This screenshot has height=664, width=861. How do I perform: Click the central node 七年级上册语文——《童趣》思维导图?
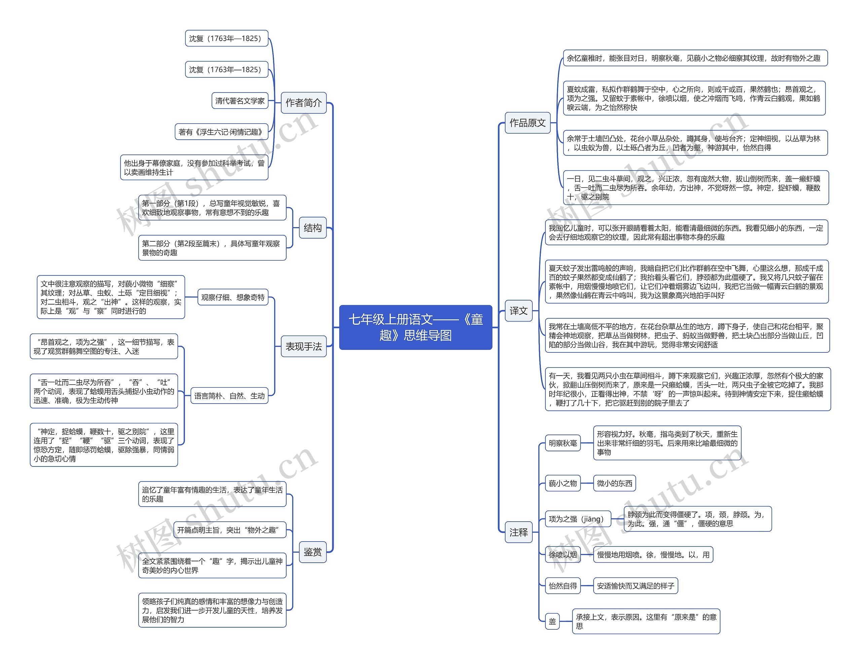(x=415, y=327)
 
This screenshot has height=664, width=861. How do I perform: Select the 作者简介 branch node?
(x=304, y=103)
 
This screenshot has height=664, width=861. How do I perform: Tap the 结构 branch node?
(x=313, y=228)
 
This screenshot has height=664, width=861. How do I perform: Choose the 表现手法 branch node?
(x=304, y=346)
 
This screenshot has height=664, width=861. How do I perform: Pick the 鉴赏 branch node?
(x=313, y=552)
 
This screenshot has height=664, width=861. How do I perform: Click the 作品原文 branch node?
(x=527, y=123)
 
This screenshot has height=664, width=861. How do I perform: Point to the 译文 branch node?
(x=518, y=311)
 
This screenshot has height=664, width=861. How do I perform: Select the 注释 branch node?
(x=518, y=532)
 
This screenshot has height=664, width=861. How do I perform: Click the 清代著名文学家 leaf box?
(x=240, y=101)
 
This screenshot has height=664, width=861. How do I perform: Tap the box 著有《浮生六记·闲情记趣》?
(x=221, y=132)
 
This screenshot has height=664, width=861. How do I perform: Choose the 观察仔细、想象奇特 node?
(x=233, y=297)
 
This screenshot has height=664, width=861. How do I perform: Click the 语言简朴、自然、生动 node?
(x=229, y=396)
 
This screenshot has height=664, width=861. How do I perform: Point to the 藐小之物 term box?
(x=563, y=483)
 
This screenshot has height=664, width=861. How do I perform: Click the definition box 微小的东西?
(x=614, y=483)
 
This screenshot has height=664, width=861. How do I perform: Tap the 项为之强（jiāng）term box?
(x=578, y=519)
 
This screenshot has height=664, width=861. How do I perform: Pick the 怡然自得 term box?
(x=563, y=586)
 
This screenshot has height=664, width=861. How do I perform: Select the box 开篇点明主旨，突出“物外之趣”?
(x=230, y=530)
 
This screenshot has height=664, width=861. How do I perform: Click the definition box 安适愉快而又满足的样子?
(x=636, y=586)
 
